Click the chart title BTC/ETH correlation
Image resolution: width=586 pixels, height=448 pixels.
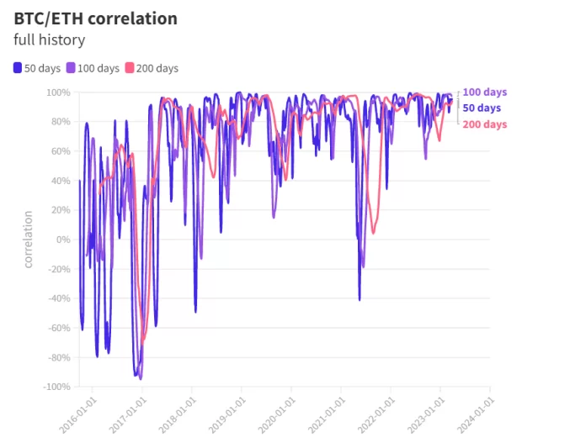click(95, 18)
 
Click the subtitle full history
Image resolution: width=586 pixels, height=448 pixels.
click(49, 40)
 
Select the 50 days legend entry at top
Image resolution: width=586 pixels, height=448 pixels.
click(36, 68)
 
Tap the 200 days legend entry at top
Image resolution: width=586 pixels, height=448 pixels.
click(152, 68)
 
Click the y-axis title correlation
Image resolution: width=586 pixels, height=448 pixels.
click(28, 240)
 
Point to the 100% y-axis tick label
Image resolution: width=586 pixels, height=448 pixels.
click(57, 92)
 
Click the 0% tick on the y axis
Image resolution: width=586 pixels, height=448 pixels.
click(62, 240)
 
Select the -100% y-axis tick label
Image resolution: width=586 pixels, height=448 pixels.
click(56, 387)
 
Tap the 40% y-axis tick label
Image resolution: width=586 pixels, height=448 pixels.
click(60, 181)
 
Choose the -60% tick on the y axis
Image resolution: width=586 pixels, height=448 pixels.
click(58, 328)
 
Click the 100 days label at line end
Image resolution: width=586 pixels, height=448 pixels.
click(485, 92)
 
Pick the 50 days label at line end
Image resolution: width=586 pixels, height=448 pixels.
click(482, 108)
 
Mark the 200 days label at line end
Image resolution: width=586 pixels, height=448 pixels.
click(485, 124)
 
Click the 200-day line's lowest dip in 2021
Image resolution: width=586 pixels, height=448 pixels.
click(373, 233)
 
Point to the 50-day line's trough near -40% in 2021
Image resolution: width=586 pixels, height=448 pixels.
click(360, 299)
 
